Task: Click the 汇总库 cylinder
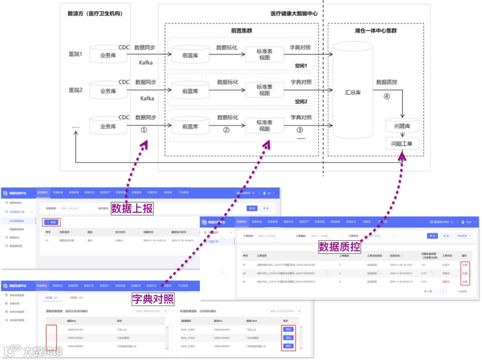[x=353, y=92]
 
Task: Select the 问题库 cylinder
[x=402, y=126]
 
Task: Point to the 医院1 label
[x=75, y=54]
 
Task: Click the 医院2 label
[x=75, y=90]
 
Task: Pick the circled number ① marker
[x=144, y=130]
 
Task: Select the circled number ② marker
[x=226, y=130]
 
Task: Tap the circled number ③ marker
[x=299, y=130]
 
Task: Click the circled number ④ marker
[x=386, y=96]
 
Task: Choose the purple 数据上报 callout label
[x=132, y=208]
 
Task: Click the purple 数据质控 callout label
[x=339, y=246]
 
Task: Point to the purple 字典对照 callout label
[x=153, y=298]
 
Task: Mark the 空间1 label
[x=301, y=66]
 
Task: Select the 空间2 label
[x=301, y=102]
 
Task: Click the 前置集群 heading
[x=242, y=31]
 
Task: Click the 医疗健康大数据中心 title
[x=294, y=14]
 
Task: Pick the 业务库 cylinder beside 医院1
[x=108, y=55]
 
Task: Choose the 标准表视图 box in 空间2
[x=264, y=90]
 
